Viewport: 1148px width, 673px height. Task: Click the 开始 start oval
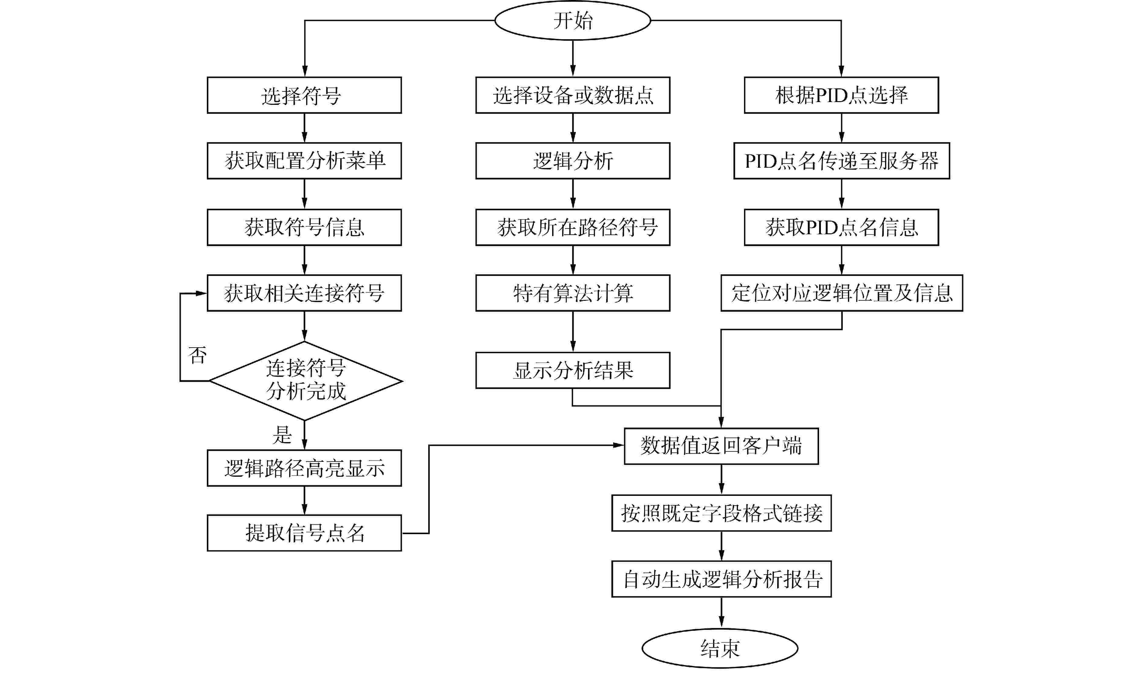(573, 20)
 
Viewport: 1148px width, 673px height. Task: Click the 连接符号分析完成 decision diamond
(305, 380)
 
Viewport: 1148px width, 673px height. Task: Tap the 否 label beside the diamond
(198, 355)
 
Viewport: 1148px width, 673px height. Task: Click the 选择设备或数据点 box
(573, 95)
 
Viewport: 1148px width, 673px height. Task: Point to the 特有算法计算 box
(573, 293)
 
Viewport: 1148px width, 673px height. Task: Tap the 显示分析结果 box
(573, 370)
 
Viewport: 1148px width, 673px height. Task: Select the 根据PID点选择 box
(841, 95)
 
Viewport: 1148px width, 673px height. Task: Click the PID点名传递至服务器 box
(841, 161)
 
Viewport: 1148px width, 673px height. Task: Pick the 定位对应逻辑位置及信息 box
(841, 293)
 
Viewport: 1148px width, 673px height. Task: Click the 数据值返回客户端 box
(721, 446)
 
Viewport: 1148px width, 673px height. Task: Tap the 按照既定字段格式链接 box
(721, 513)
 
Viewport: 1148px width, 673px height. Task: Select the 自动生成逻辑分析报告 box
(721, 579)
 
